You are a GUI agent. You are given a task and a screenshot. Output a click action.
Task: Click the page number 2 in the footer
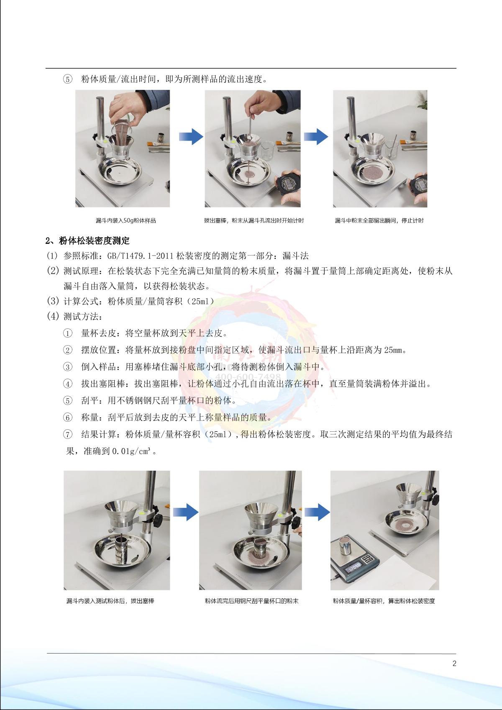tap(454, 664)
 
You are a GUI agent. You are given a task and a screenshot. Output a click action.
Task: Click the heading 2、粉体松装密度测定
tap(87, 241)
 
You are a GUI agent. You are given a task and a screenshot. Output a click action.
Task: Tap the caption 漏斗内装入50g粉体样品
tap(126, 220)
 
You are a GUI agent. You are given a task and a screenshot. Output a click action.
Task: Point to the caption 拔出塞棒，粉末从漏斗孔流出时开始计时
tap(254, 220)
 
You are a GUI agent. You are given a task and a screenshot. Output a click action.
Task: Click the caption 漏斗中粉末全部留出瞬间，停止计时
tap(379, 220)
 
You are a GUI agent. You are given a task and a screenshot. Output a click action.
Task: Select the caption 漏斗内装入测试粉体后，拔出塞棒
tap(110, 601)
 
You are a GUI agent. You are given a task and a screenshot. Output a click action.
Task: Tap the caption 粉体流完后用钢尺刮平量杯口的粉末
tap(252, 601)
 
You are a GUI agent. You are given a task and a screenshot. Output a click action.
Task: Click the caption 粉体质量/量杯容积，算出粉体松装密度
tap(384, 601)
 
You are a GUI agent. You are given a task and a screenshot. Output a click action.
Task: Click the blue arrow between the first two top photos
tap(191, 137)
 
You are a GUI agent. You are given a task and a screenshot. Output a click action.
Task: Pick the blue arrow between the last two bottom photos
tap(317, 512)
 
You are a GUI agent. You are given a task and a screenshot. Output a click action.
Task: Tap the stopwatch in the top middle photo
tap(288, 183)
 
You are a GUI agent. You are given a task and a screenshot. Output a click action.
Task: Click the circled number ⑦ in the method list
tap(67, 434)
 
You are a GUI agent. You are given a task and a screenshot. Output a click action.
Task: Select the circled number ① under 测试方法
tap(67, 333)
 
